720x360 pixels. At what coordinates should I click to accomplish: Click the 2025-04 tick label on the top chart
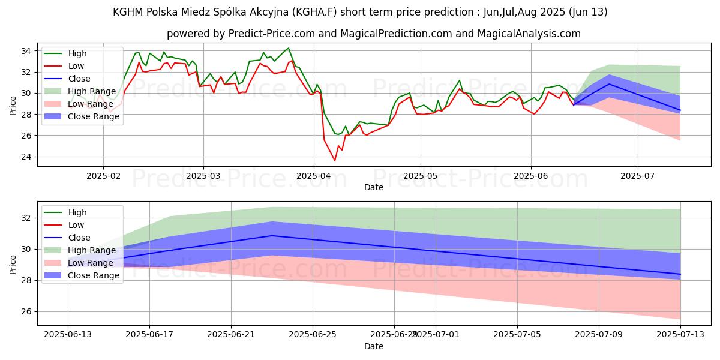[x=313, y=177]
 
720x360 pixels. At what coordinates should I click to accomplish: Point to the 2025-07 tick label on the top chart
[x=637, y=177]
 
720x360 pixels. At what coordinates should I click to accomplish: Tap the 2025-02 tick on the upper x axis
[x=103, y=177]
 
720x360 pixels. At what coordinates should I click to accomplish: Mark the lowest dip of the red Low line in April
[x=335, y=160]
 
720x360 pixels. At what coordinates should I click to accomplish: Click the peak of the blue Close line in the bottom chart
[x=272, y=236]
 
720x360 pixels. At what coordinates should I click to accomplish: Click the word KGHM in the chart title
[x=128, y=12]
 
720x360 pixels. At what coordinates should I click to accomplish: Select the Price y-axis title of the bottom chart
[x=13, y=264]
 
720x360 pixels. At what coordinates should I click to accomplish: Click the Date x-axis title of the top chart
[x=374, y=187]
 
